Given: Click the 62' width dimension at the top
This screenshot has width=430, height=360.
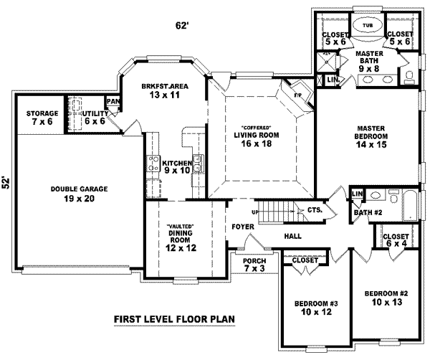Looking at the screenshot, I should point(182,26).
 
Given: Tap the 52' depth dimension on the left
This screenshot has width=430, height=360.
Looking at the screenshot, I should point(6,182).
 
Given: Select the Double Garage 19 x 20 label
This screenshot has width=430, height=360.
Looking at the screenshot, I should point(79,194).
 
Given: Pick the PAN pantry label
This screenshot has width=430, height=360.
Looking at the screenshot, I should point(113,102).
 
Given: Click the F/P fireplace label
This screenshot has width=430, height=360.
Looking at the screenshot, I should point(298,94).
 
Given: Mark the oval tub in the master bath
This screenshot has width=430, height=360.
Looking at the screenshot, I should point(368,27).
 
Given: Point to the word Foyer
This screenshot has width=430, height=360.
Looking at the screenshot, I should point(242,227).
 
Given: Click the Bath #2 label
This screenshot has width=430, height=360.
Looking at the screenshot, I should point(366,212).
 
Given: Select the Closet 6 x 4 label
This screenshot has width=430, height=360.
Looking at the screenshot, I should point(395,240).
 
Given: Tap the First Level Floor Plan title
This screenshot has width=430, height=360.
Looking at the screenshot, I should point(174,320).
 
